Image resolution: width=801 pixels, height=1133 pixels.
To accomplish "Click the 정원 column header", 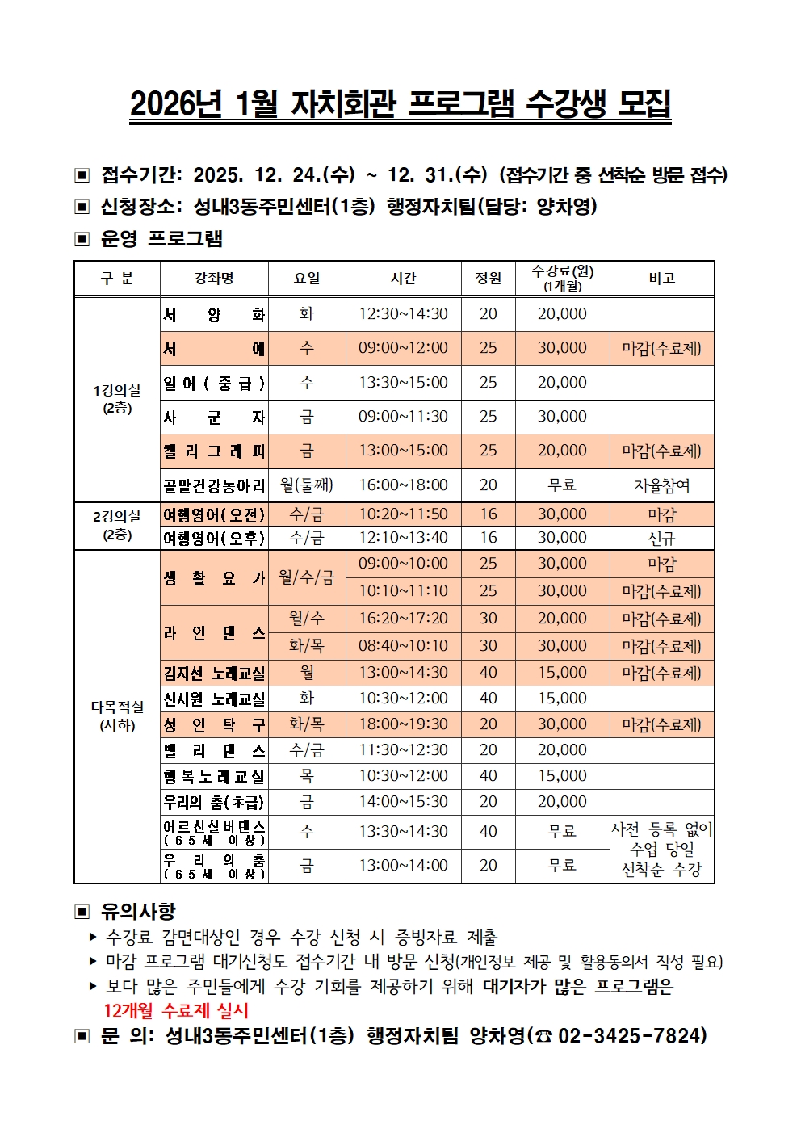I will [x=488, y=279].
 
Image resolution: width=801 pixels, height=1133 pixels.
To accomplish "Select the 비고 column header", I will [x=661, y=279].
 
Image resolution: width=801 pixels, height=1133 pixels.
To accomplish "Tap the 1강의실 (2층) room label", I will [x=117, y=399].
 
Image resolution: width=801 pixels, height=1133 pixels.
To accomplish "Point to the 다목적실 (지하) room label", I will [x=117, y=715].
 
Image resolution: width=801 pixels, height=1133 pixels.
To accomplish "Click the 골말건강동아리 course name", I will [x=214, y=485].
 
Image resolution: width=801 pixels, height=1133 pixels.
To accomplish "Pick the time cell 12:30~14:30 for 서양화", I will [x=403, y=314].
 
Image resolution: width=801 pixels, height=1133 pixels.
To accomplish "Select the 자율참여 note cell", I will [x=661, y=485].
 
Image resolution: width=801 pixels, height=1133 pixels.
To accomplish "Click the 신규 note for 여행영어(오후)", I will [x=661, y=538].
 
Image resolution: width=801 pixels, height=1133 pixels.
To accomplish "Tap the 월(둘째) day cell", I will [x=307, y=485].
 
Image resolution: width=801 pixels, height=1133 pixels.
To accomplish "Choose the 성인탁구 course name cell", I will [x=214, y=724].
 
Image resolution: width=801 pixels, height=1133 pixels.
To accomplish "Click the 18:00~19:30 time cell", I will [x=403, y=724].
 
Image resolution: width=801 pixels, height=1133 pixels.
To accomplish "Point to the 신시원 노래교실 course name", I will [x=214, y=699].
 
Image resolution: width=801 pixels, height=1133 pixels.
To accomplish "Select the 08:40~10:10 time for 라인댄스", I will [x=403, y=645].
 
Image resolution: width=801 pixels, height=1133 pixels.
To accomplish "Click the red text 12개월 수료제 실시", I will [x=176, y=1010].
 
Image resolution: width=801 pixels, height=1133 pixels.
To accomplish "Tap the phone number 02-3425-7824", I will [x=631, y=1035].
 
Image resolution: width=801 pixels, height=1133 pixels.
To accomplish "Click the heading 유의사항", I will [x=137, y=912].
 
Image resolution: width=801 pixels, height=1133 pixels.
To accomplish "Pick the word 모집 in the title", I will [x=644, y=104].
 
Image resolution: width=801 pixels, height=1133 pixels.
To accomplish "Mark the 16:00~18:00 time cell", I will [x=403, y=485].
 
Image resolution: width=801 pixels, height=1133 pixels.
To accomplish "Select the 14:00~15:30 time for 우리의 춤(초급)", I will [x=403, y=802].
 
